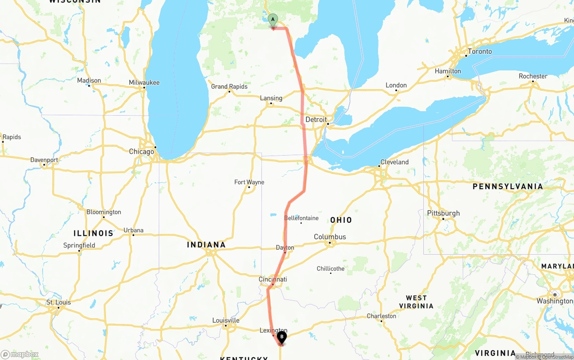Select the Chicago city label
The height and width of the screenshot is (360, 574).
coord(141,152)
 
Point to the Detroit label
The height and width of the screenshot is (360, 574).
coord(316,120)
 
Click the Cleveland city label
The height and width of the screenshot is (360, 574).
coord(394,162)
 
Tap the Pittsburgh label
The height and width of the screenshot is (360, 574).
coord(444,213)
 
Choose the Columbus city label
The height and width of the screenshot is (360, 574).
coord(330,237)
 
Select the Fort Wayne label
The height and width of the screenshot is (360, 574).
coord(249,182)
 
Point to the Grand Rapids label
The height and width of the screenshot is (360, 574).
coord(229,87)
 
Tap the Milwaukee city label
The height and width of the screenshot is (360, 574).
coord(144,82)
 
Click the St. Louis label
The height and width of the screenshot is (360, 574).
coord(59,302)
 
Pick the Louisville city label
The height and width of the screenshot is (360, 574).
coord(226,320)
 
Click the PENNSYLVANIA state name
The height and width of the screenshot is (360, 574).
coord(508,187)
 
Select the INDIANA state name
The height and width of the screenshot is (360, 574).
coord(206,245)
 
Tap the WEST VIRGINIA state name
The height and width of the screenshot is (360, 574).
coord(416,302)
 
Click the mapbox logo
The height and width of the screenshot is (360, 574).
coord(20,354)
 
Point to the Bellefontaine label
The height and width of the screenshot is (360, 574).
coord(301,218)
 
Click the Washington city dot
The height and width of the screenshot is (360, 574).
coord(555,295)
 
